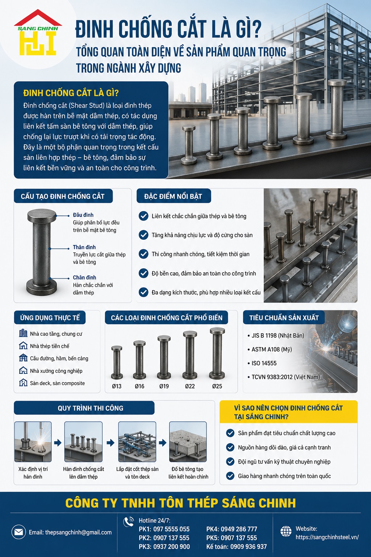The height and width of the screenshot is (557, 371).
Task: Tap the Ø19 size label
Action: [164, 386]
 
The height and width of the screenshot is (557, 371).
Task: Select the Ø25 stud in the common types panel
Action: [217, 354]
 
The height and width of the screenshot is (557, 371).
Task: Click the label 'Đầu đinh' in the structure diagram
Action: [83, 215]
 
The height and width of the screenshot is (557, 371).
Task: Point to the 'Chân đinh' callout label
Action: [84, 277]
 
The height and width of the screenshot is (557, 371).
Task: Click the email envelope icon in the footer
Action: [18, 532]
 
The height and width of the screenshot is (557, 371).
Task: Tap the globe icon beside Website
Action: [286, 531]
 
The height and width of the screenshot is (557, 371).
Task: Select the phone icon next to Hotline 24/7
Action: [129, 522]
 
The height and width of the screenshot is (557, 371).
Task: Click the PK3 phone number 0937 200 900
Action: [171, 546]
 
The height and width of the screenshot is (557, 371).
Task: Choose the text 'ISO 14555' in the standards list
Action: [264, 363]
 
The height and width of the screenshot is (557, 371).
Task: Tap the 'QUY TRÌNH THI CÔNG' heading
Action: [91, 408]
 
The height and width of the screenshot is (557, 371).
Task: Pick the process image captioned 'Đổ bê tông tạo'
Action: [188, 442]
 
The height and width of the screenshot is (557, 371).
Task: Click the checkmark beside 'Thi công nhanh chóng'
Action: [143, 254]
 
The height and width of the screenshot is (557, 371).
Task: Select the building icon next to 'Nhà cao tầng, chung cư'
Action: [23, 333]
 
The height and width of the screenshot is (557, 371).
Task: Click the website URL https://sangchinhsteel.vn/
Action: [327, 537]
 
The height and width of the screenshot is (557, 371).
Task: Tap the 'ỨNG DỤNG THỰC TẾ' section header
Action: [50, 318]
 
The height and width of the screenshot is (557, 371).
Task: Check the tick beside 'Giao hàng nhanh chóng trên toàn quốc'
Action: [230, 476]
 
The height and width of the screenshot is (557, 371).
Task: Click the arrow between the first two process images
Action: [58, 443]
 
